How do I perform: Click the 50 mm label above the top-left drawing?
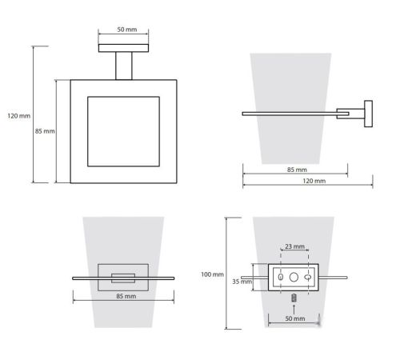pos(127,30)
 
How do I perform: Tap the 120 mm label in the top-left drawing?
pos(18,116)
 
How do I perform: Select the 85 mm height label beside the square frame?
pos(45,131)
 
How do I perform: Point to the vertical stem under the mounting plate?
pos(124,66)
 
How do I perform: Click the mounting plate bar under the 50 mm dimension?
pos(123,48)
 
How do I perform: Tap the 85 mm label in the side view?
pos(297,170)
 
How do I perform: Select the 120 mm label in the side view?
pos(314,181)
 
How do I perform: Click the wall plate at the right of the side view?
pos(368,114)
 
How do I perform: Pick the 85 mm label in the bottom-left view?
pos(126,296)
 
